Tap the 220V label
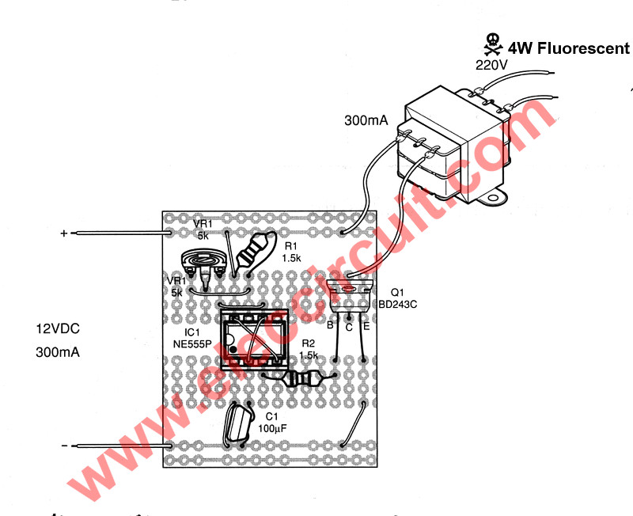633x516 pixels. pos(490,65)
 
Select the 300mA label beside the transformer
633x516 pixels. pos(365,121)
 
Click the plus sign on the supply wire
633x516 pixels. pos(64,233)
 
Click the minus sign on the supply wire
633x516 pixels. pos(64,446)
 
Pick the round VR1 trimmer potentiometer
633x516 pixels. pos(204,264)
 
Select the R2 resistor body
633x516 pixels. pos(304,380)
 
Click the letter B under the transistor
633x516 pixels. pos(329,325)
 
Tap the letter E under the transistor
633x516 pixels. pos(366,325)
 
